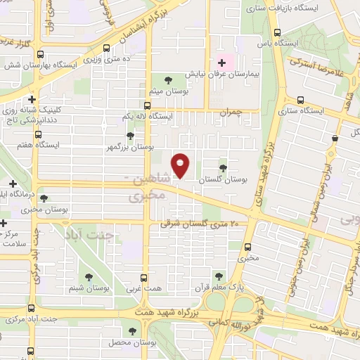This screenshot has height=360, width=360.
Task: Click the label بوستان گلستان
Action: pyautogui.click(x=224, y=180)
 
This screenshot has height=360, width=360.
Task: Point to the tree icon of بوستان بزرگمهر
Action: pyautogui.click(x=129, y=136)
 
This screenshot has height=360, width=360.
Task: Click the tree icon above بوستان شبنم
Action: pyautogui.click(x=88, y=277)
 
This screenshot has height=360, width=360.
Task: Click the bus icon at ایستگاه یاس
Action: pyautogui.click(x=278, y=32)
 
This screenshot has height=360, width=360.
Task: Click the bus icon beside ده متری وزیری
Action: pyautogui.click(x=106, y=48)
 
